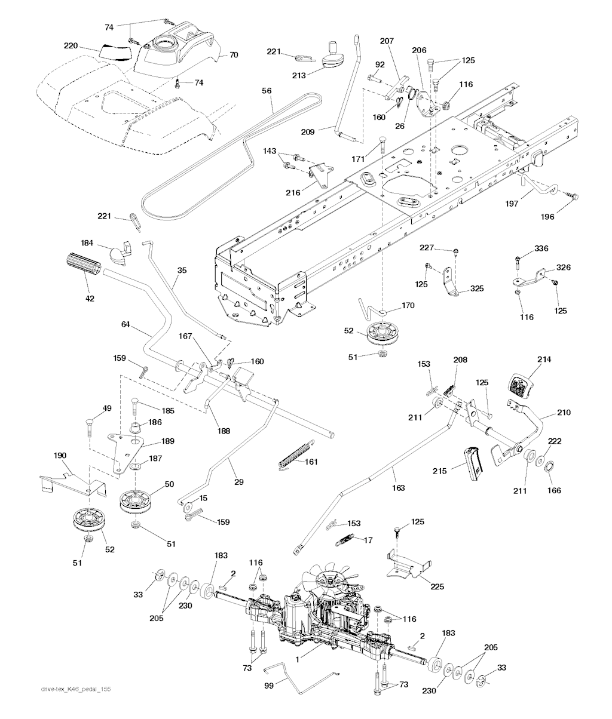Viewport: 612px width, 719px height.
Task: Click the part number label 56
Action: pos(267,91)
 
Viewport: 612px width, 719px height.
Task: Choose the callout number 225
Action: pos(437,586)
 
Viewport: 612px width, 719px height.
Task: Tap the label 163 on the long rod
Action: pos(397,488)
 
